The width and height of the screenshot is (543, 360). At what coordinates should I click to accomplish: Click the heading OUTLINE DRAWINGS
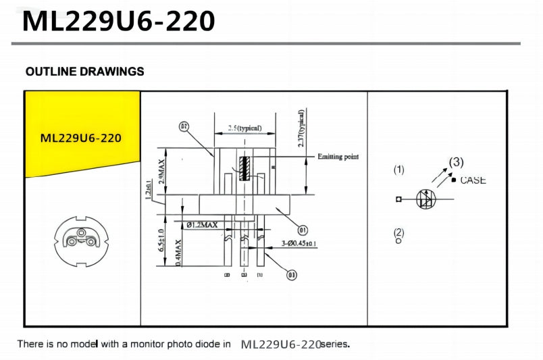pyautogui.click(x=84, y=72)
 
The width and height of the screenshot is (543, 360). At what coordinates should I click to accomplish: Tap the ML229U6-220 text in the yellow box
pyautogui.click(x=80, y=138)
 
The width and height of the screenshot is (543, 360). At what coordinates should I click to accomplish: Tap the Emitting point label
pyautogui.click(x=338, y=157)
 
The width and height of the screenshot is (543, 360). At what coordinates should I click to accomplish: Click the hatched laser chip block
pyautogui.click(x=244, y=169)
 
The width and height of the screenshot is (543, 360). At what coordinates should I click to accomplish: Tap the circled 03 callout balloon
pyautogui.click(x=292, y=275)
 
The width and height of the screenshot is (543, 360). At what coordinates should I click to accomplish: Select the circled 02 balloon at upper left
pyautogui.click(x=184, y=126)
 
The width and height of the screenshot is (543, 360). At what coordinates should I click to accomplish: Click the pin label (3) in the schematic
pyautogui.click(x=457, y=162)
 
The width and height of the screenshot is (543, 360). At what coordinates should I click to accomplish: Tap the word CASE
pyautogui.click(x=473, y=180)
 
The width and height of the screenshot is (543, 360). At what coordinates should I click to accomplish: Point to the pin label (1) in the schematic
pyautogui.click(x=399, y=170)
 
